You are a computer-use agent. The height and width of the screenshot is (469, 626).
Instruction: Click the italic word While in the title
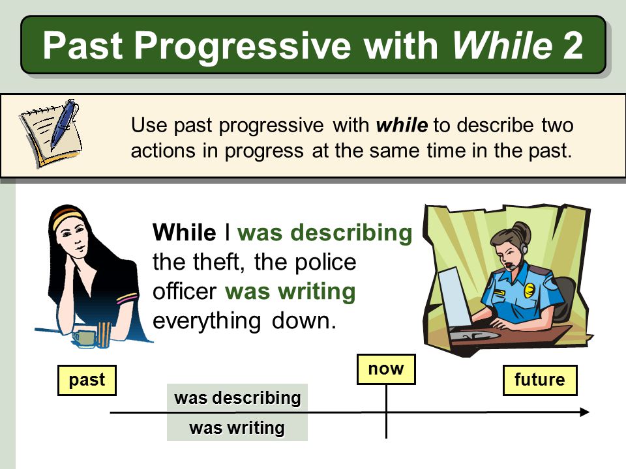(x=502, y=46)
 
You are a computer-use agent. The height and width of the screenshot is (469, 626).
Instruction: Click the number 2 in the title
(x=571, y=46)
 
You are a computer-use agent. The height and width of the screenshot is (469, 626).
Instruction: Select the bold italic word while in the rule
(x=402, y=125)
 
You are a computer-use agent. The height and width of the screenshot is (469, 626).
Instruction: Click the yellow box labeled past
(x=87, y=380)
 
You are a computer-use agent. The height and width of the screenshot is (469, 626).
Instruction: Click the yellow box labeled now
(x=386, y=369)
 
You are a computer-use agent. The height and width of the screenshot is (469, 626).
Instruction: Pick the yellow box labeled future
(x=539, y=380)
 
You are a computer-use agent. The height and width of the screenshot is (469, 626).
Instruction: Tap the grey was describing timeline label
(x=237, y=398)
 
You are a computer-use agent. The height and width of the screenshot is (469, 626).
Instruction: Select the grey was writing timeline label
(x=237, y=428)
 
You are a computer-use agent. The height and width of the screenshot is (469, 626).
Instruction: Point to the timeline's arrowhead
(x=584, y=412)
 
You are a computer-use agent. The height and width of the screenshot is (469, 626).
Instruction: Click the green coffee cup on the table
(x=83, y=338)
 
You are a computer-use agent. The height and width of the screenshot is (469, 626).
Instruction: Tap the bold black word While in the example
(x=184, y=233)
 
